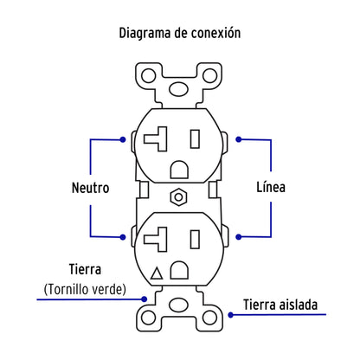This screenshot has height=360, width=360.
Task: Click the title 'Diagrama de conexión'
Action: point(179,33)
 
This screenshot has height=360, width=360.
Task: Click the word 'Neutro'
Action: point(91,187)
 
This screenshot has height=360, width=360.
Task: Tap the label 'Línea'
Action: point(270,187)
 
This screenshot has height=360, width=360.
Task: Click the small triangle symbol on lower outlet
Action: point(157,274)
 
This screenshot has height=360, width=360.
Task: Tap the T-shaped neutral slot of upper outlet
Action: point(162,138)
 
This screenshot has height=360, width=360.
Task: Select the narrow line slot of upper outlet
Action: point(196,138)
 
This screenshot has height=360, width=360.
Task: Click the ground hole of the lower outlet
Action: point(179,272)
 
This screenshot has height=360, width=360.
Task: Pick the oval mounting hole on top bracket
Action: point(179,88)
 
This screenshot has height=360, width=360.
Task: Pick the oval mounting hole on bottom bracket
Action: point(179,305)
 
